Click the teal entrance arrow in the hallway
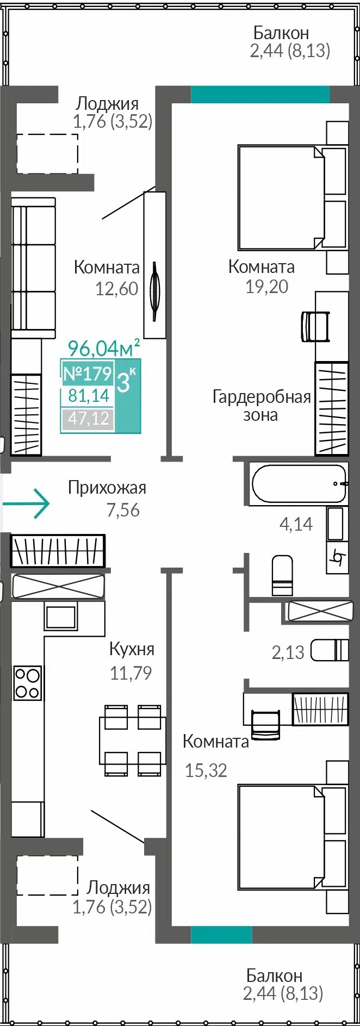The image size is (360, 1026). (x=26, y=503)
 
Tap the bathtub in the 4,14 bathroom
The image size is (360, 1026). (x=298, y=483)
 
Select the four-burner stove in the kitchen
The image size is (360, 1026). (x=27, y=682)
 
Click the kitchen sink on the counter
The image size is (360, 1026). (x=61, y=617)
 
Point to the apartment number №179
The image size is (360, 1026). (x=88, y=374)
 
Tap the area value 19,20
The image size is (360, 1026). (x=266, y=286)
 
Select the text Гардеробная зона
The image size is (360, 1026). (x=261, y=406)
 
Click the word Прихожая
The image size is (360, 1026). (x=107, y=488)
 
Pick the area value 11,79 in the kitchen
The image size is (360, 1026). (x=131, y=673)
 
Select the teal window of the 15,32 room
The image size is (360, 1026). (x=221, y=935)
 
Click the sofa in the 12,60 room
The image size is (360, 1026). (x=34, y=269)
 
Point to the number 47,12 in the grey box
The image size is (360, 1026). (x=89, y=419)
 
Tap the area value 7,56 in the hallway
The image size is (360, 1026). (x=123, y=510)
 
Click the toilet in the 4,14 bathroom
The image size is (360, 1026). (x=282, y=575)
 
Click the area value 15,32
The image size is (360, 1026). (x=206, y=770)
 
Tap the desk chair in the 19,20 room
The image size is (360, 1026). (x=315, y=326)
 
